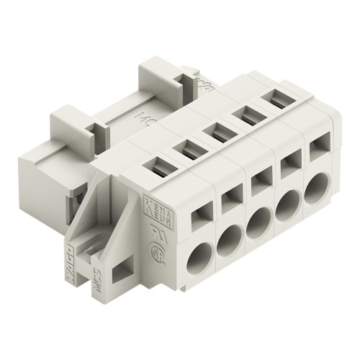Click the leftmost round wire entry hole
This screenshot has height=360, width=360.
(x=199, y=257)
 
